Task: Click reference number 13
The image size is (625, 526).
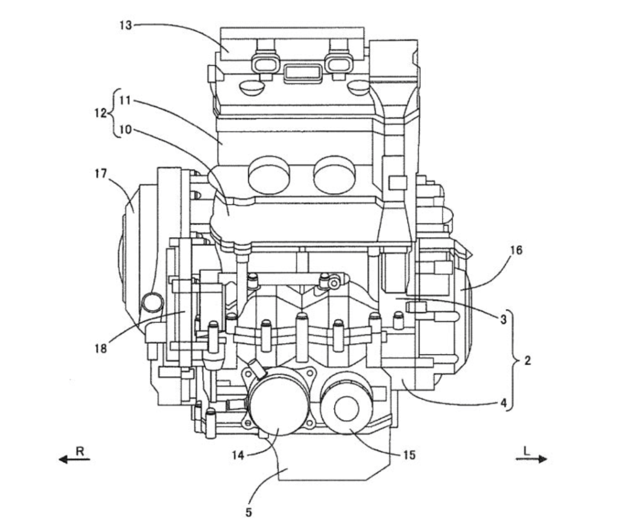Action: [126, 25]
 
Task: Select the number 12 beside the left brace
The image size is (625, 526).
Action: [100, 113]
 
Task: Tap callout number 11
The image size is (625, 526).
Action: [125, 100]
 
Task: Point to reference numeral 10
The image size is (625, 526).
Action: [125, 130]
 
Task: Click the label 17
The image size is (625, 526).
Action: [101, 174]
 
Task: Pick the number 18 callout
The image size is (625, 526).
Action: [101, 349]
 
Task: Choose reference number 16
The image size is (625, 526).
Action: [516, 250]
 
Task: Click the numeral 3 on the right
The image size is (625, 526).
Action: [503, 319]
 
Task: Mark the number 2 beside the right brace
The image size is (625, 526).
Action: [528, 361]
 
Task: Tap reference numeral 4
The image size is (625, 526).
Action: [503, 403]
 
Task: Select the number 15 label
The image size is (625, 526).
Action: [409, 455]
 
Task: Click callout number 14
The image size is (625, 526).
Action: [238, 455]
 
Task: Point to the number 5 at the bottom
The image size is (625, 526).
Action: [249, 512]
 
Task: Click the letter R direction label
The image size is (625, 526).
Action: [80, 451]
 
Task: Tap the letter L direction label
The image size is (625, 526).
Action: [527, 451]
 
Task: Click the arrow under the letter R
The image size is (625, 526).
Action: [75, 459]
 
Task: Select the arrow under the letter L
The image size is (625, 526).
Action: [531, 459]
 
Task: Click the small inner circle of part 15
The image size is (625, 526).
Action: [347, 410]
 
